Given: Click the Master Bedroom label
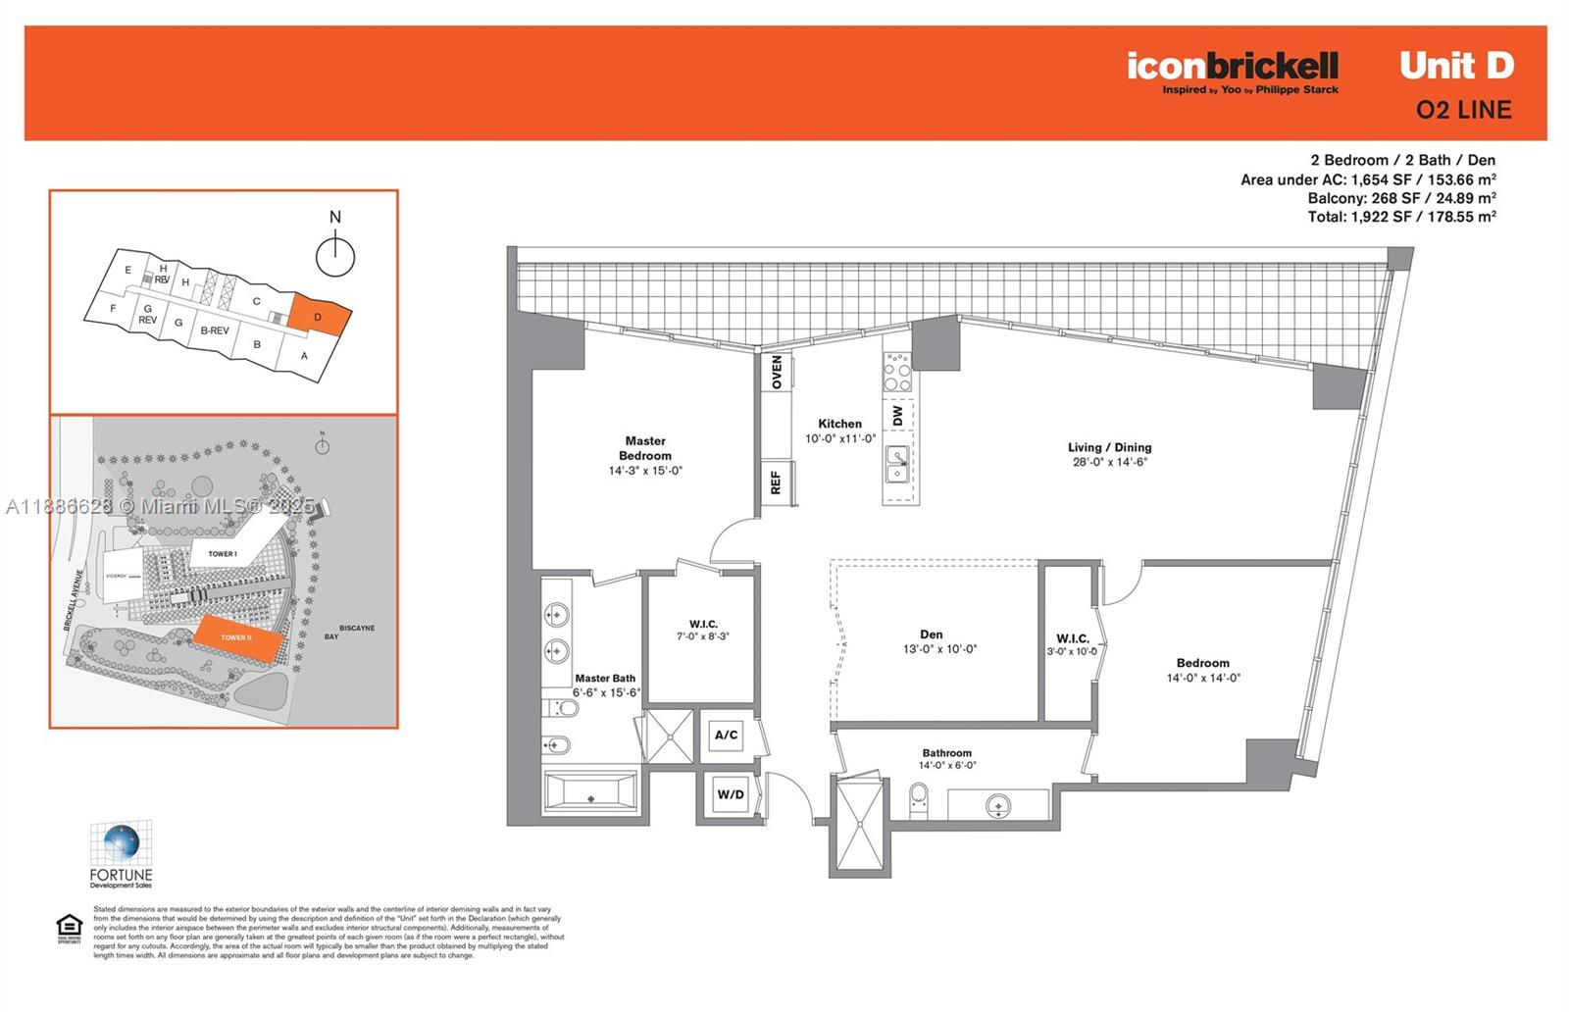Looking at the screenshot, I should (645, 448).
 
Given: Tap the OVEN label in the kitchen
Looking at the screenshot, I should (777, 372).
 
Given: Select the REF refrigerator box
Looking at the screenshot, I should (776, 482).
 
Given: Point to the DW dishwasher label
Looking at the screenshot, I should (897, 416).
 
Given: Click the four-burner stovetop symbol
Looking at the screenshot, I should (897, 372).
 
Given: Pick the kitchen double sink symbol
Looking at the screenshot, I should (897, 465).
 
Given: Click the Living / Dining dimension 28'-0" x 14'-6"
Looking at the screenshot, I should (1110, 462).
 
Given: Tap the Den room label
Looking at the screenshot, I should (931, 634).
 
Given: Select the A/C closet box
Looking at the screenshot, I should (726, 736).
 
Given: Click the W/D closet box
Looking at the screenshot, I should (730, 795).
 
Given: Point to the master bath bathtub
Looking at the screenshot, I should (590, 792).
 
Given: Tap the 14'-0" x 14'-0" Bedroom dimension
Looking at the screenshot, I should (1203, 678).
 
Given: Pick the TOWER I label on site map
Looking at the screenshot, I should (223, 554).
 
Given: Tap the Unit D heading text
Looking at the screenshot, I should (1456, 66).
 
